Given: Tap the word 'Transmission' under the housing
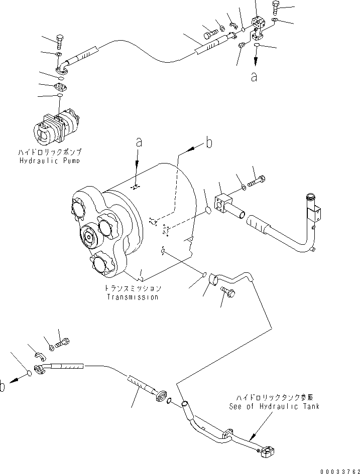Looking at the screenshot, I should pyautogui.click(x=132, y=297).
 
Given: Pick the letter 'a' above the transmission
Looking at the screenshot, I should pyautogui.click(x=139, y=142).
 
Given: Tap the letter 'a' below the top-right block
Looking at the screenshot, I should pyautogui.click(x=255, y=77).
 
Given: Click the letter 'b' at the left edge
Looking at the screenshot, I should pyautogui.click(x=4, y=386).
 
